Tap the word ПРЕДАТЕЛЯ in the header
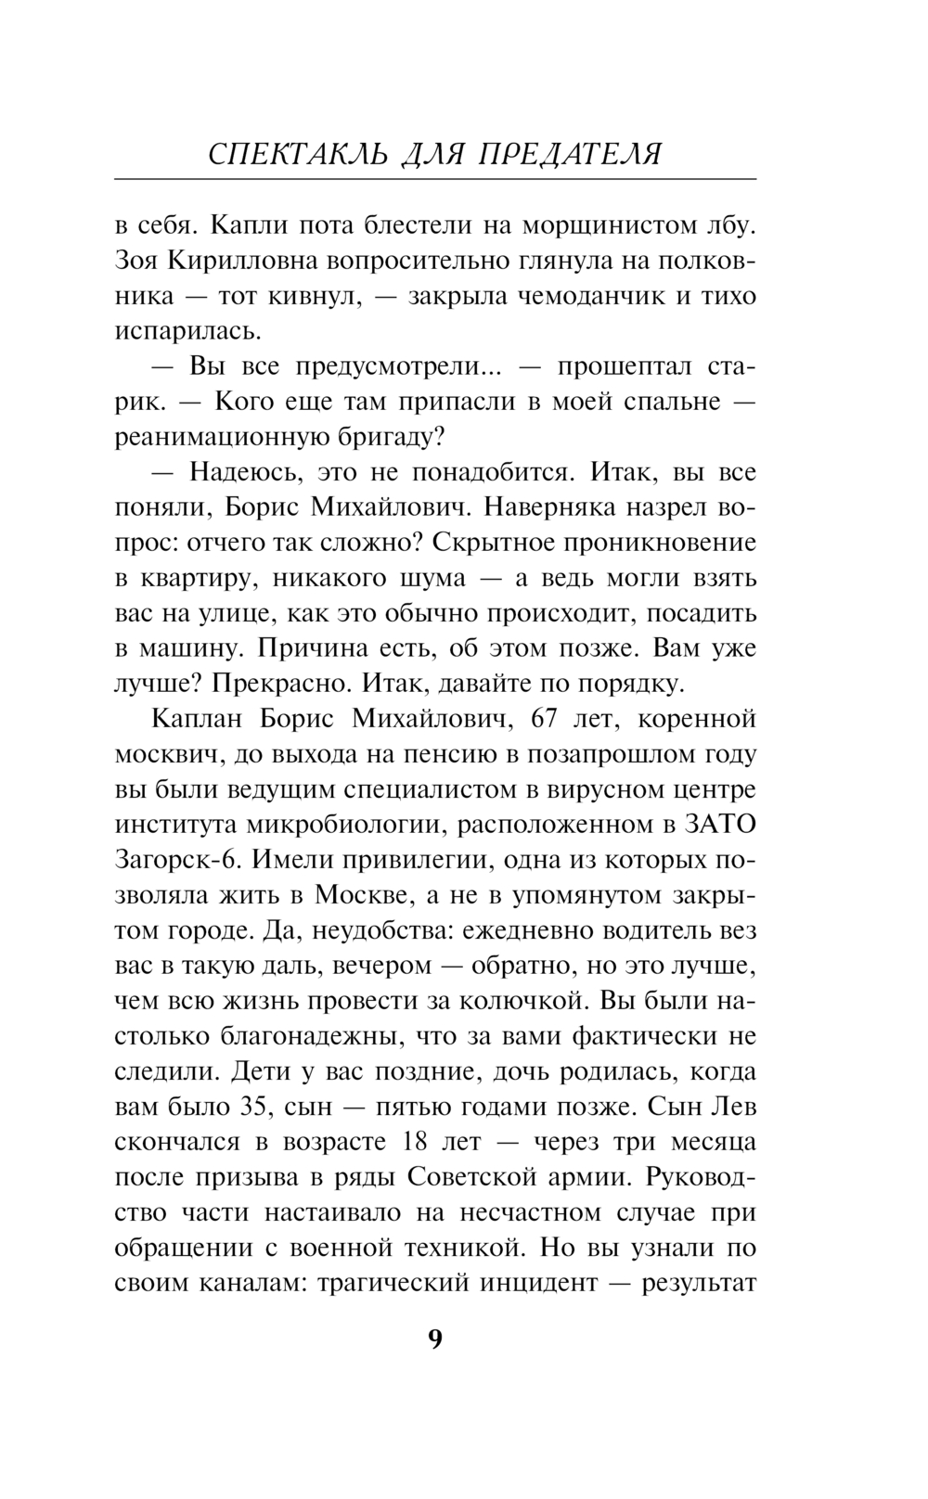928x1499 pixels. pyautogui.click(x=570, y=154)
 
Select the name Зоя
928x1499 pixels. pyautogui.click(x=137, y=261)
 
